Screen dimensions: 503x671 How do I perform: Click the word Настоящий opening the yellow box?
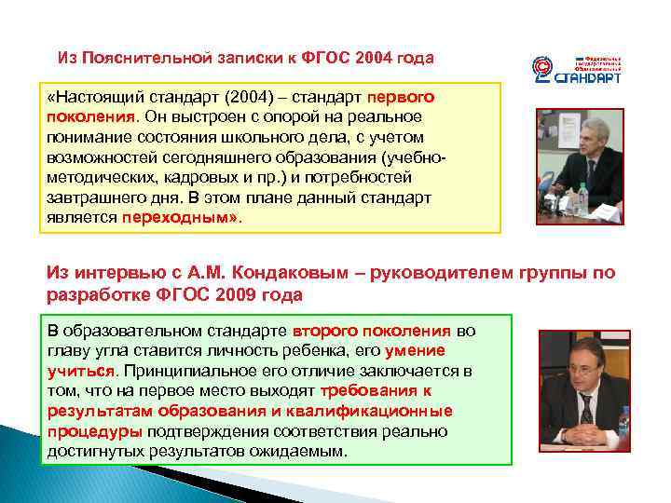coord(93,98)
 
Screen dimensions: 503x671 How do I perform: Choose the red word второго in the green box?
coord(322,332)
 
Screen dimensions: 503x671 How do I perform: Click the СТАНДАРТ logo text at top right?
coord(588,79)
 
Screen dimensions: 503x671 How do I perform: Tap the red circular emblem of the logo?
coord(541,69)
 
